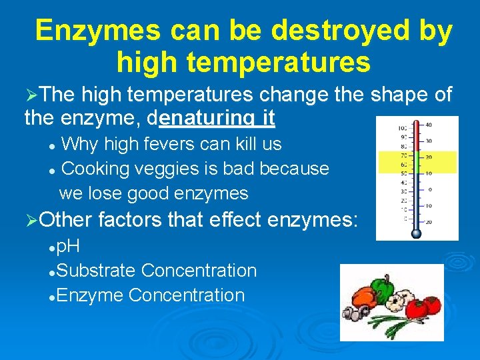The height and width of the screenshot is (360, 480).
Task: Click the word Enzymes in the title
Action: point(97,31)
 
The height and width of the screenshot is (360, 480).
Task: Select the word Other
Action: point(70,219)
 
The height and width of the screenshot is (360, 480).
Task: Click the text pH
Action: point(69,247)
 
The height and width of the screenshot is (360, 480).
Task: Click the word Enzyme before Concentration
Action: point(90,295)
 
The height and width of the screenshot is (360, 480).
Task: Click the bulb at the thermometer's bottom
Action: point(417,232)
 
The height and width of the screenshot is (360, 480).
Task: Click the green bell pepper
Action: point(383,289)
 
